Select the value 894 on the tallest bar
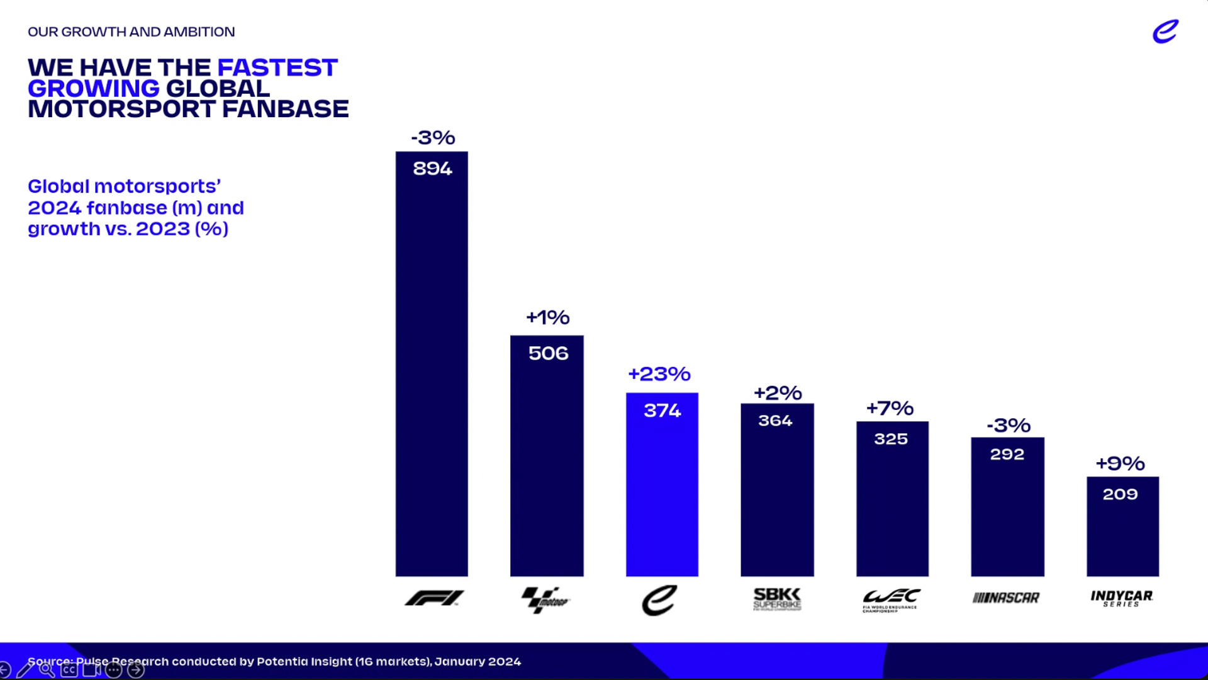432,169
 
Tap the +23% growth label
659,374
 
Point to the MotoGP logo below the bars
545,599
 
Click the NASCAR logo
1006,598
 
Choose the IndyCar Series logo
1122,598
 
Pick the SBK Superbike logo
777,599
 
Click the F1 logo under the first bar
434,598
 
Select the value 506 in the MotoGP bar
548,353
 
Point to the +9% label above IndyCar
1120,464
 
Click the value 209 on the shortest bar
1120,494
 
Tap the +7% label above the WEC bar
890,409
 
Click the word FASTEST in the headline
277,68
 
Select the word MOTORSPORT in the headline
121,109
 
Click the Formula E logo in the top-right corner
1165,31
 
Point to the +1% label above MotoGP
547,317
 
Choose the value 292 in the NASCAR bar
1007,454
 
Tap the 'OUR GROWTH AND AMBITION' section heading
131,32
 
